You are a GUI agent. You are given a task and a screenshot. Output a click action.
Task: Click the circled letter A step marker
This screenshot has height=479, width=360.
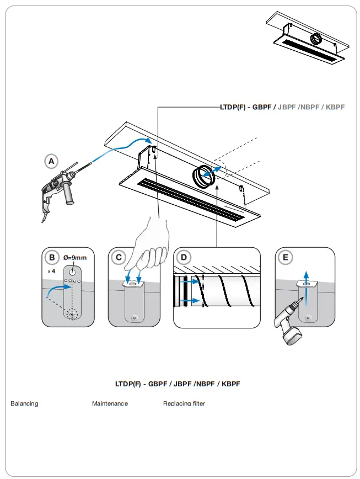[51, 161]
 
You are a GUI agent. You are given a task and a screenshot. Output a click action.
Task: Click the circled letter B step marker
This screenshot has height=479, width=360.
[51, 257]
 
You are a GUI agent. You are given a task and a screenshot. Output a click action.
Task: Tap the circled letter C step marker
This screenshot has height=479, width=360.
[117, 257]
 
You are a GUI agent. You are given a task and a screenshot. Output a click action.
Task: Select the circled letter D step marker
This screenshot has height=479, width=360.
[184, 257]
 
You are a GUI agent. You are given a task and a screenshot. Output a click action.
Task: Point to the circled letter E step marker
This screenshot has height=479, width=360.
[285, 257]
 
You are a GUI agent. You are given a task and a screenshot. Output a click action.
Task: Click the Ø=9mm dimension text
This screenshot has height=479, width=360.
[75, 258]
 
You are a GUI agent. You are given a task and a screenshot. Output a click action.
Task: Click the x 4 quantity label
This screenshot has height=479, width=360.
[51, 272]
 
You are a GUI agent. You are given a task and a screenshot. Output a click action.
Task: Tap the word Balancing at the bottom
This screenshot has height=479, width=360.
[24, 404]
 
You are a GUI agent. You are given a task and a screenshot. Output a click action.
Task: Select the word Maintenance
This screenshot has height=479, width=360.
[110, 404]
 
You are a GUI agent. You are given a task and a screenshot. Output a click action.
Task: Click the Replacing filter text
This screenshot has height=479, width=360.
[184, 404]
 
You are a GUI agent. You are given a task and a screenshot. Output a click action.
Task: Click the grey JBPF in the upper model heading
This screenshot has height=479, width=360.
[287, 107]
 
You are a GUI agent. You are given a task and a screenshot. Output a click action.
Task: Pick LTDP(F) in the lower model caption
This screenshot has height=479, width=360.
[128, 384]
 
